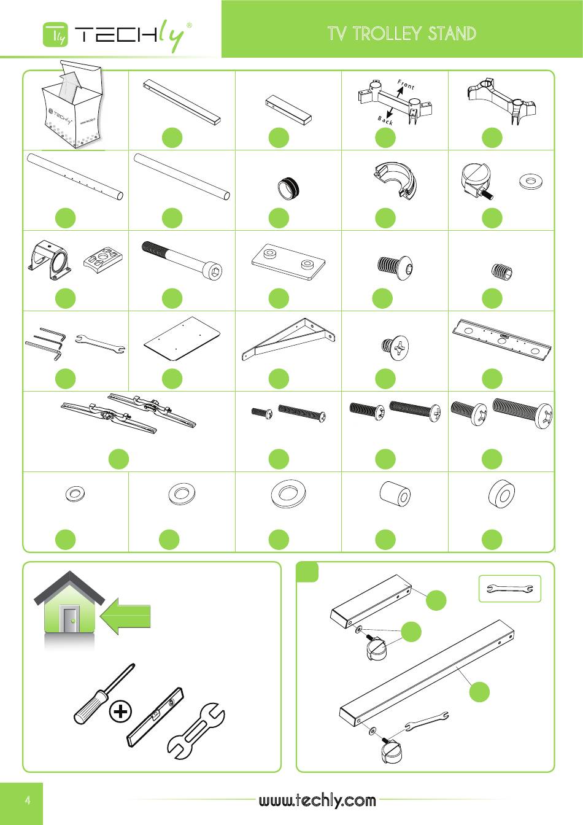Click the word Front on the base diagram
tap(406, 85)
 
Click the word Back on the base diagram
tap(385, 120)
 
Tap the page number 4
tap(28, 800)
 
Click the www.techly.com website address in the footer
tap(317, 800)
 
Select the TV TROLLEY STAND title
tap(402, 33)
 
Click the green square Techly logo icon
tap(56, 34)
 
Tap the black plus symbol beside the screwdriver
tap(120, 711)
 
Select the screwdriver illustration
tap(104, 694)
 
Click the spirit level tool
tap(155, 716)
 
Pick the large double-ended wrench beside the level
tap(196, 730)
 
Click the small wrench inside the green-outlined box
tap(510, 589)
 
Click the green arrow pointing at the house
tap(125, 616)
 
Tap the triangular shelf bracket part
tap(288, 339)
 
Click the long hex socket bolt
tap(182, 258)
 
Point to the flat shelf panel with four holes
tap(182, 339)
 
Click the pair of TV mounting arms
tap(128, 412)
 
